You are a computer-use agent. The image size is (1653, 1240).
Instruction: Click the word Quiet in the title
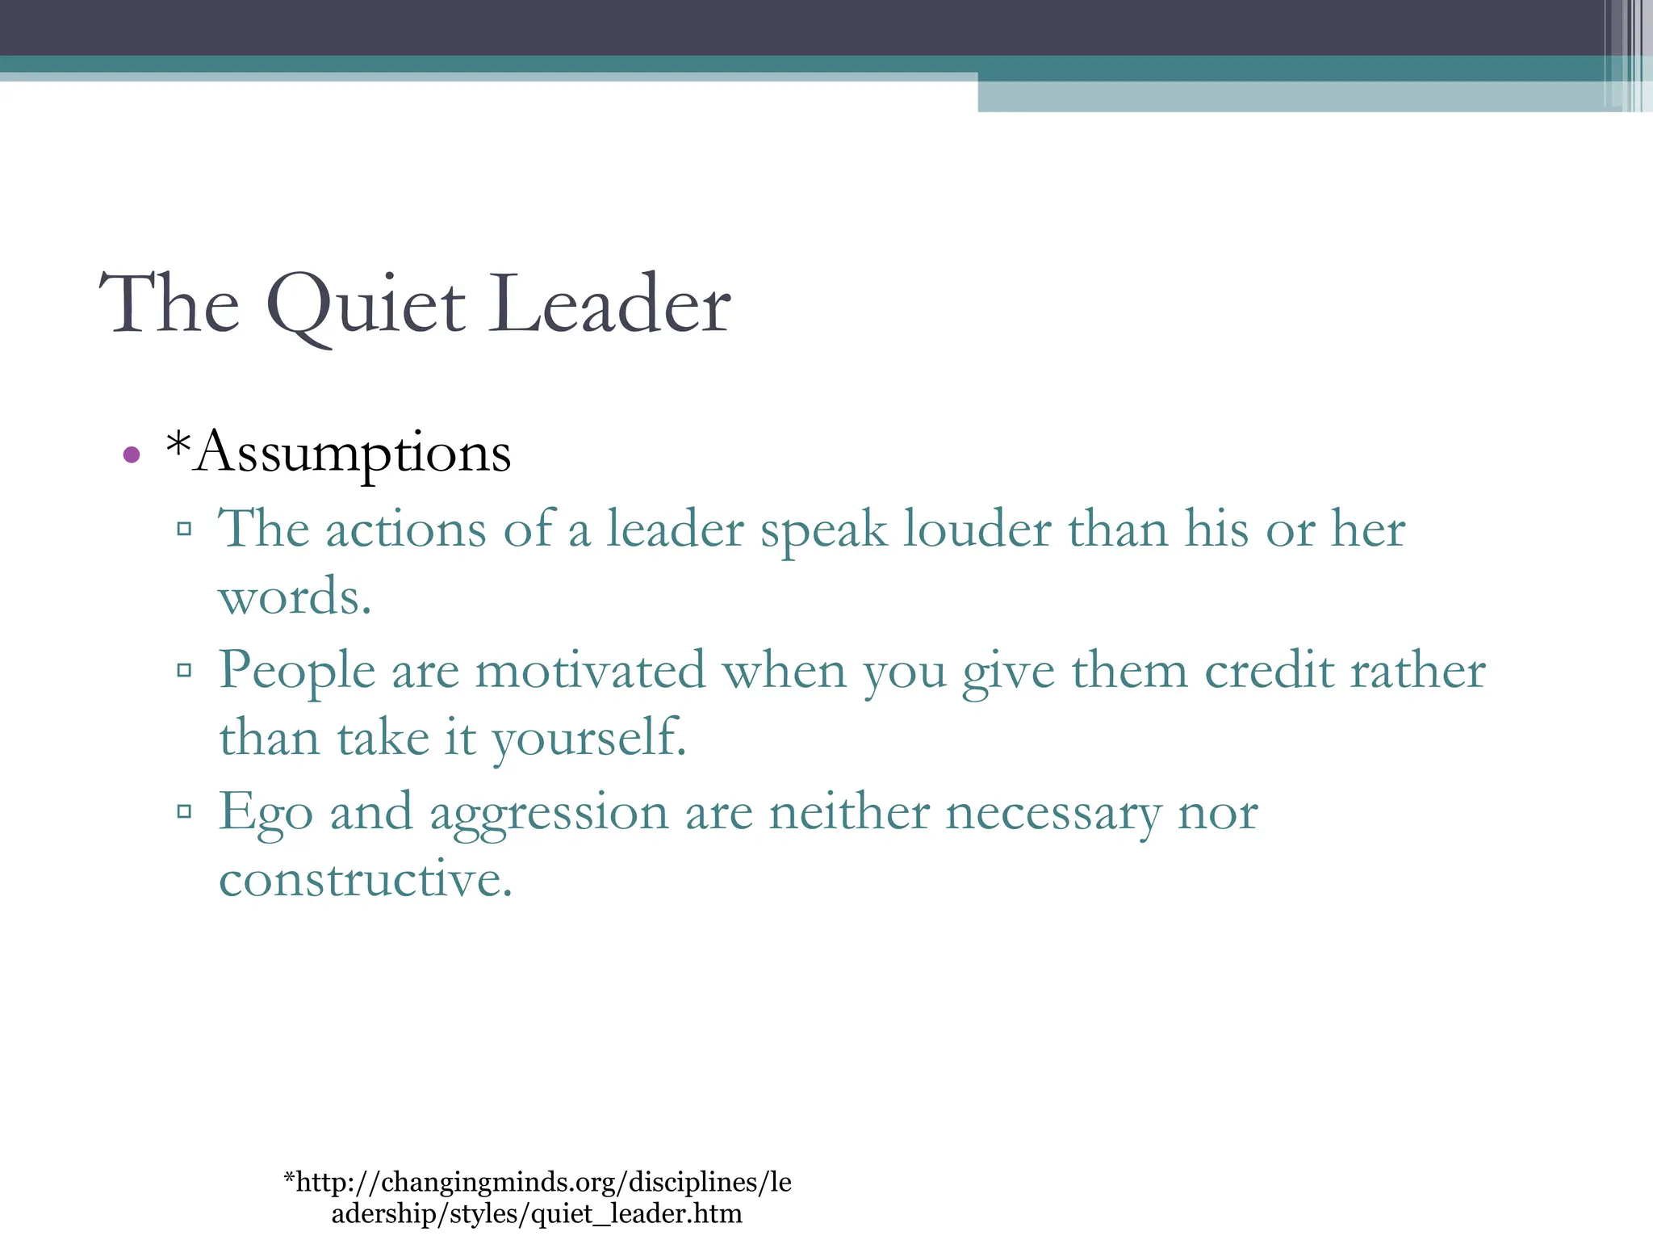point(366,307)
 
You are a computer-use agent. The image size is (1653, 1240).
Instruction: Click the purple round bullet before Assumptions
point(132,455)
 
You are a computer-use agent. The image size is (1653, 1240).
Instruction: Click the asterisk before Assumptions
point(178,443)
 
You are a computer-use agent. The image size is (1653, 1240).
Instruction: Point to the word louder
point(977,530)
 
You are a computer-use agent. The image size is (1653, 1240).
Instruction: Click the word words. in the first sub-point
point(295,597)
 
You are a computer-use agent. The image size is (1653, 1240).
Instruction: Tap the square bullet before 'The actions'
point(184,530)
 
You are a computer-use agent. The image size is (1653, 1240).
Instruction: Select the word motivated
point(590,671)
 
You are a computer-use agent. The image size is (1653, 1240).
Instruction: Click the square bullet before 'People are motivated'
point(184,670)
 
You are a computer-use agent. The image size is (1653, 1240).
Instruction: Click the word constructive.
point(366,879)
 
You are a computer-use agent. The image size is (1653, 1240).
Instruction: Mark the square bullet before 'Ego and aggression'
point(184,811)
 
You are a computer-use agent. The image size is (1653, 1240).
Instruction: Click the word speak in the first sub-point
point(823,530)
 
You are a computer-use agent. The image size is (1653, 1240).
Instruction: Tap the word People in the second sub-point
point(297,671)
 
